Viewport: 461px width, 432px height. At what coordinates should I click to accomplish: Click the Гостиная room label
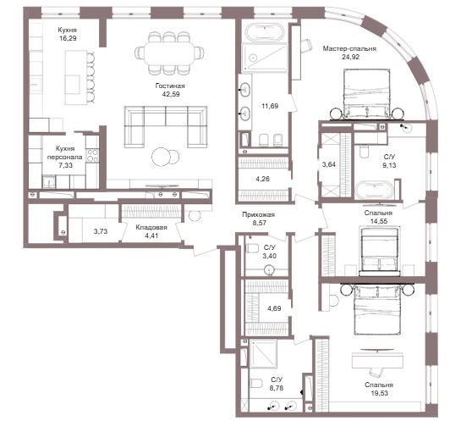pyautogui.click(x=170, y=86)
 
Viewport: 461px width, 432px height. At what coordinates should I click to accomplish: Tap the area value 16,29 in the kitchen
pyautogui.click(x=68, y=38)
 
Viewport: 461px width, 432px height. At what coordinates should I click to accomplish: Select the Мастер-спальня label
pyautogui.click(x=349, y=48)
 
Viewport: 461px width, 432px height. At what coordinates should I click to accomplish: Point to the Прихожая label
pyautogui.click(x=259, y=215)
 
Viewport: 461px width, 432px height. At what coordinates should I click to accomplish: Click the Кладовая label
pyautogui.click(x=151, y=227)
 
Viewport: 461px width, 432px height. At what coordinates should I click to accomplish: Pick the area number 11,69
pyautogui.click(x=270, y=106)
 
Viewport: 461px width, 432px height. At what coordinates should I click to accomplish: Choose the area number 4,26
pyautogui.click(x=262, y=179)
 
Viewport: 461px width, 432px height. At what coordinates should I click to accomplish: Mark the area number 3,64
pyautogui.click(x=329, y=164)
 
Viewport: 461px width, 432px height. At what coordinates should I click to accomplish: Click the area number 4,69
pyautogui.click(x=274, y=308)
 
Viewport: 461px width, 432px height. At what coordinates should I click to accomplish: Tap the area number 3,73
pyautogui.click(x=101, y=231)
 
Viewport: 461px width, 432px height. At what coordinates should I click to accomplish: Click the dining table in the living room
pyautogui.click(x=169, y=53)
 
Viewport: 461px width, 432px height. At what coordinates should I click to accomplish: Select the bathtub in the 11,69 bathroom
pyautogui.click(x=265, y=32)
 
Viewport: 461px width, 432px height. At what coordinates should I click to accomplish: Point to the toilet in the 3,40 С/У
pyautogui.click(x=252, y=248)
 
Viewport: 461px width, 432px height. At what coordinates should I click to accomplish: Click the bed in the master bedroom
pyautogui.click(x=366, y=95)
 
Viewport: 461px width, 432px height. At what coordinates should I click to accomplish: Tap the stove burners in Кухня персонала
pyautogui.click(x=92, y=156)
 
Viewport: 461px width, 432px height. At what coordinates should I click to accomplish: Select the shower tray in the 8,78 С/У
pyautogui.click(x=263, y=353)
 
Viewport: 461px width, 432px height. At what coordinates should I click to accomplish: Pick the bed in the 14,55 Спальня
pyautogui.click(x=380, y=251)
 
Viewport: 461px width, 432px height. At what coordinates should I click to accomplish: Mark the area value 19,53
pyautogui.click(x=379, y=393)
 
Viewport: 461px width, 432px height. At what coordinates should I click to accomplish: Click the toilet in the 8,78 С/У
pyautogui.click(x=255, y=384)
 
